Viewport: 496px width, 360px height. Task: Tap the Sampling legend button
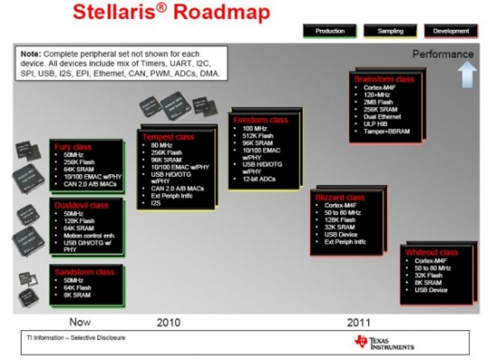click(x=389, y=31)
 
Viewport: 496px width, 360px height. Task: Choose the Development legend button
click(x=451, y=31)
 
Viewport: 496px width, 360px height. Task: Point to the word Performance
click(x=443, y=54)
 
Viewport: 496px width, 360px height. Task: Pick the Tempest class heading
click(x=170, y=136)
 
